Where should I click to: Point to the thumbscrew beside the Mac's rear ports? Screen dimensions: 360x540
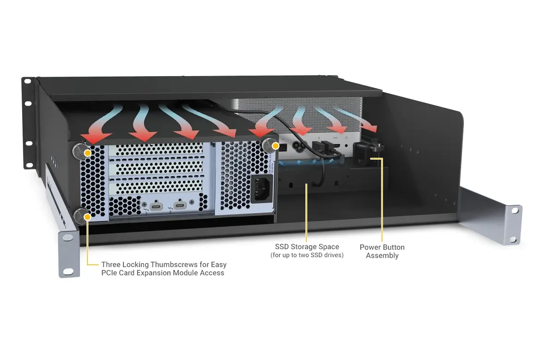point(269,145)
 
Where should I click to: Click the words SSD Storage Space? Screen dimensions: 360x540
point(307,246)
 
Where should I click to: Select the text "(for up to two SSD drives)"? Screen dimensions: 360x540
point(307,255)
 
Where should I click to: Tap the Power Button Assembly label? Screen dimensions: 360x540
point(382,252)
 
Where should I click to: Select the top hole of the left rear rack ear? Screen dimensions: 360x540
point(28,82)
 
